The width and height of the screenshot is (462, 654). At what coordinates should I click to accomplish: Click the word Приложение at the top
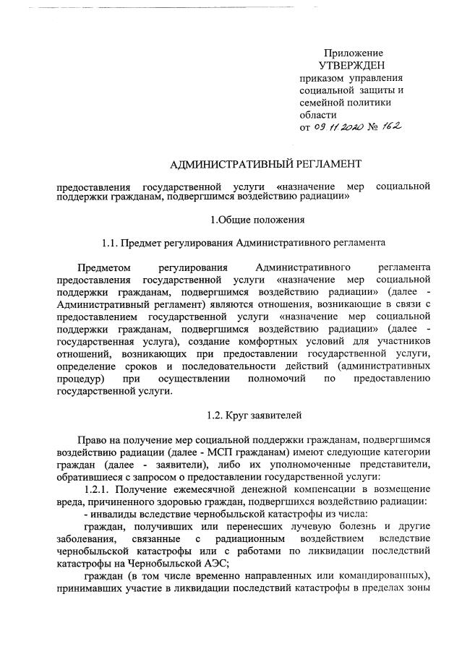pyautogui.click(x=353, y=53)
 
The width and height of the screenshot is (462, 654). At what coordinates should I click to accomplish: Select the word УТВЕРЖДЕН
pyautogui.click(x=352, y=66)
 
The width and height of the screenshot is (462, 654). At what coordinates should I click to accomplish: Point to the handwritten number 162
pyautogui.click(x=392, y=126)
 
